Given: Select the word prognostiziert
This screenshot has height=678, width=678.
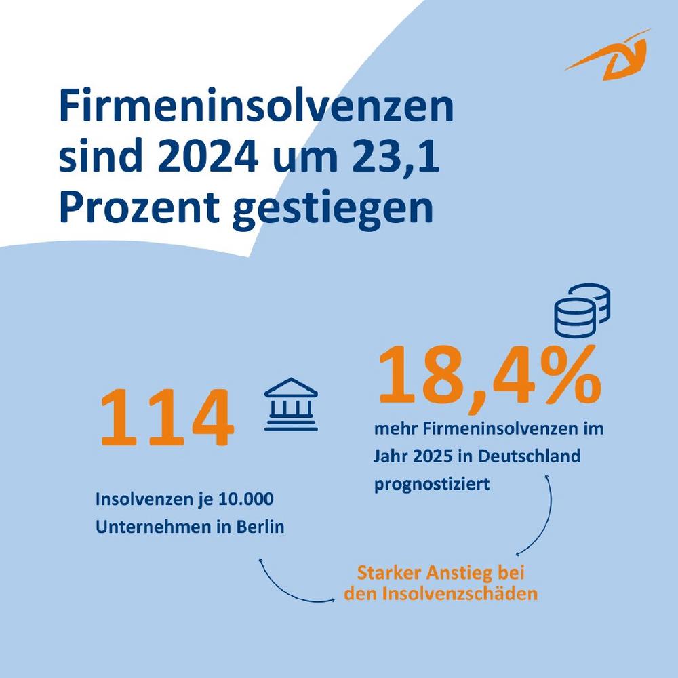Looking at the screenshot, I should (431, 484).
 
